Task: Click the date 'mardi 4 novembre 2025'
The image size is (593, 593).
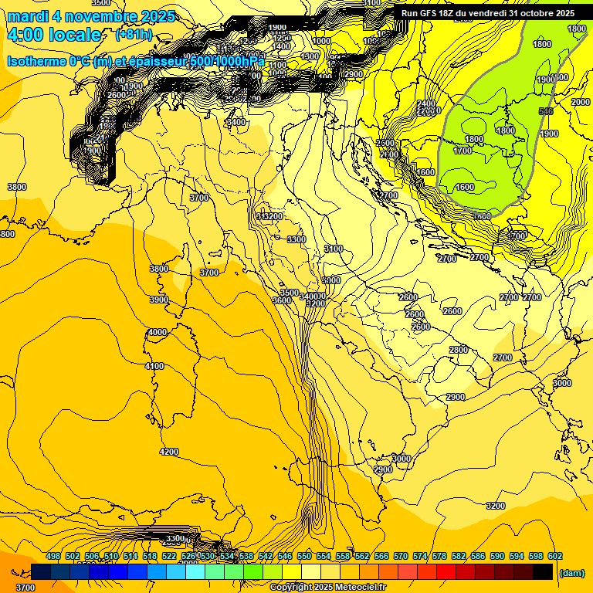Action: (91, 16)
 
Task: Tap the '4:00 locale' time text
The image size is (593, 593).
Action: (54, 35)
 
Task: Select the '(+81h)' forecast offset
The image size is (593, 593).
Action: (134, 35)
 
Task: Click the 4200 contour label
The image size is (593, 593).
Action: (168, 452)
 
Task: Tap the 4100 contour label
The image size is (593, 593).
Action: (154, 366)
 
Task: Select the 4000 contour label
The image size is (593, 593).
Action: (157, 332)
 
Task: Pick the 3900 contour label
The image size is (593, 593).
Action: (159, 300)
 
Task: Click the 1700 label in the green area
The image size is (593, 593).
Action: (463, 151)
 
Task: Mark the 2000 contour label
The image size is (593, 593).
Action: (580, 103)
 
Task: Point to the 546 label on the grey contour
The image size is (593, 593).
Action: (547, 112)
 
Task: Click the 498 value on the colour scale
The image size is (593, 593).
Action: (53, 557)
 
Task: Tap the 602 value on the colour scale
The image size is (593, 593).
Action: (555, 557)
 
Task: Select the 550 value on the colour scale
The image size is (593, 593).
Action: (304, 557)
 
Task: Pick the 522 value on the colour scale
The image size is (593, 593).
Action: (169, 557)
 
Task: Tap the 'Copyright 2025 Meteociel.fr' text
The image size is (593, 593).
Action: (327, 588)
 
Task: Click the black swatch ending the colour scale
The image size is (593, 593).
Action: (543, 571)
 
